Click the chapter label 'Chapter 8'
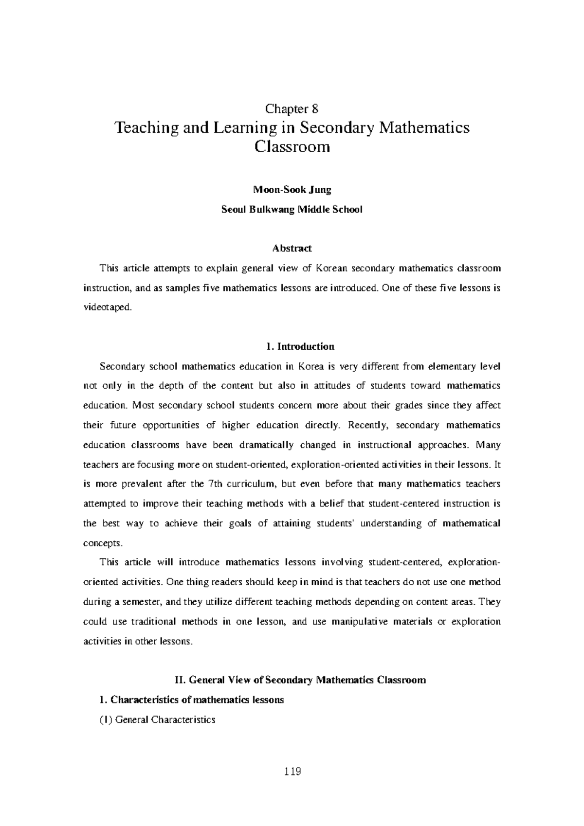point(292,108)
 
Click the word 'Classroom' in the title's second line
point(292,146)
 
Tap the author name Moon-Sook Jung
point(292,190)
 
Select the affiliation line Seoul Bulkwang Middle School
point(292,210)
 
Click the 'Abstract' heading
point(292,248)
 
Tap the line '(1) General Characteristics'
point(157,719)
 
